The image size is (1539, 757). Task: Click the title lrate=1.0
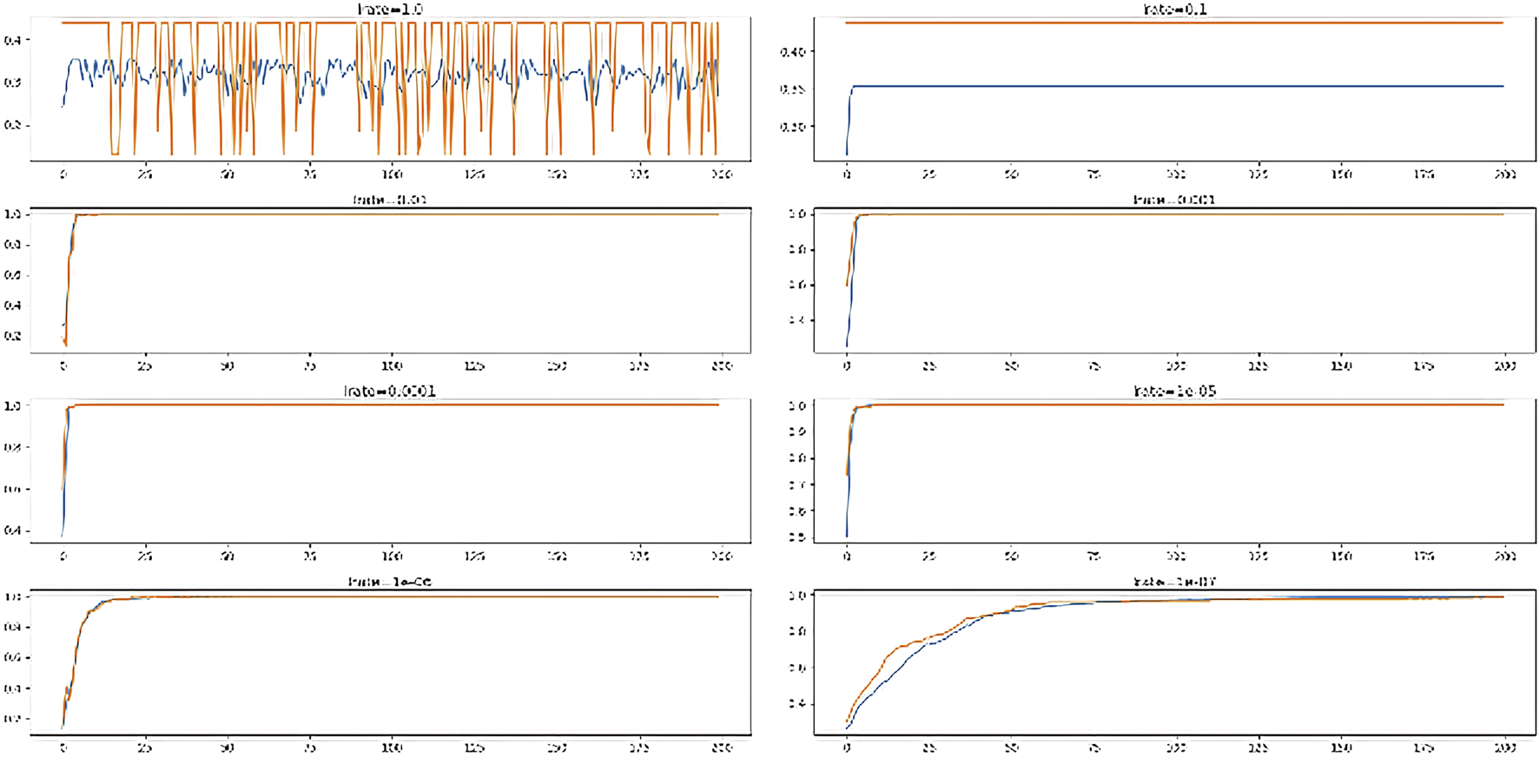[x=390, y=9]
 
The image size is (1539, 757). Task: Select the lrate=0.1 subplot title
[x=1174, y=10]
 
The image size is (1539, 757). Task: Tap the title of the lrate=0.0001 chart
[x=390, y=392]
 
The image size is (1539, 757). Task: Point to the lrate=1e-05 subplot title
[x=1174, y=392]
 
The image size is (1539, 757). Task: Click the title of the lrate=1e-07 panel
[x=1174, y=582]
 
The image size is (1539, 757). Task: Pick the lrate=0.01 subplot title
[x=390, y=200]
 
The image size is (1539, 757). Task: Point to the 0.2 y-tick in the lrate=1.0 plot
[x=12, y=125]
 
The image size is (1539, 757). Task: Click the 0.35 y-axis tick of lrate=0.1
[x=792, y=89]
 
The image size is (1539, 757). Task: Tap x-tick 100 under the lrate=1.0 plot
[x=392, y=174]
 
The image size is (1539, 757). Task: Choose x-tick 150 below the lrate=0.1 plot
[x=1340, y=174]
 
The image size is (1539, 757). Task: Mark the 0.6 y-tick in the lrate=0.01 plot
[x=12, y=275]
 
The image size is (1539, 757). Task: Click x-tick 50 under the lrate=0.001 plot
[x=1011, y=365]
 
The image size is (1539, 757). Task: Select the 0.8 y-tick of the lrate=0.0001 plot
[x=12, y=447]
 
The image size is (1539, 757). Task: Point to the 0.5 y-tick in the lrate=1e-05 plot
[x=796, y=537]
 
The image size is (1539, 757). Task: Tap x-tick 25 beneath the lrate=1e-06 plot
[x=144, y=747]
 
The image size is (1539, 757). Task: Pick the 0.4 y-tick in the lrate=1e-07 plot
[x=796, y=704]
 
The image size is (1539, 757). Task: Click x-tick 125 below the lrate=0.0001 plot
[x=474, y=556]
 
